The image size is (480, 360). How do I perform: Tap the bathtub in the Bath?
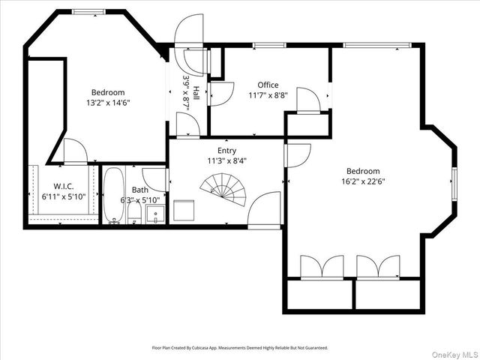tap(114, 195)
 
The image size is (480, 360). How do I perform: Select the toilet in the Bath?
tap(135, 213)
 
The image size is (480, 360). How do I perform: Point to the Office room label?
tap(268, 85)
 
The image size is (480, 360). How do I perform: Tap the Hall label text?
tap(196, 92)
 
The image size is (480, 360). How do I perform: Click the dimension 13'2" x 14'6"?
tap(108, 103)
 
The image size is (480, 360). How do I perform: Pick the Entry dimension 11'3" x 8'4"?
tap(226, 160)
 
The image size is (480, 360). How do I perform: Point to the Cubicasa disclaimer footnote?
tap(240, 348)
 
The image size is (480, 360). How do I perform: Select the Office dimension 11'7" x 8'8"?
tap(268, 95)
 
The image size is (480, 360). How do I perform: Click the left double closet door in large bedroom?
tap(322, 268)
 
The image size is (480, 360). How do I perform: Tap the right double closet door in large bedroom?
tap(378, 268)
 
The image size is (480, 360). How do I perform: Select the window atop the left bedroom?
tap(88, 11)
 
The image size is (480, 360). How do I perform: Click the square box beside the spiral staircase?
tap(184, 210)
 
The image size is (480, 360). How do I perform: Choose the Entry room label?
tap(226, 151)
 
